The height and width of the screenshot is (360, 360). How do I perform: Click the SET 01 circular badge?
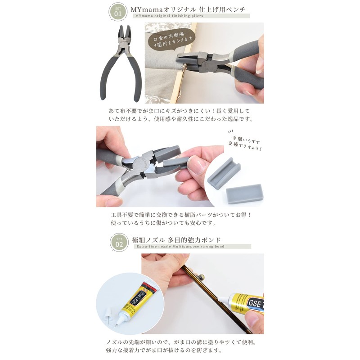(x=118, y=12)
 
